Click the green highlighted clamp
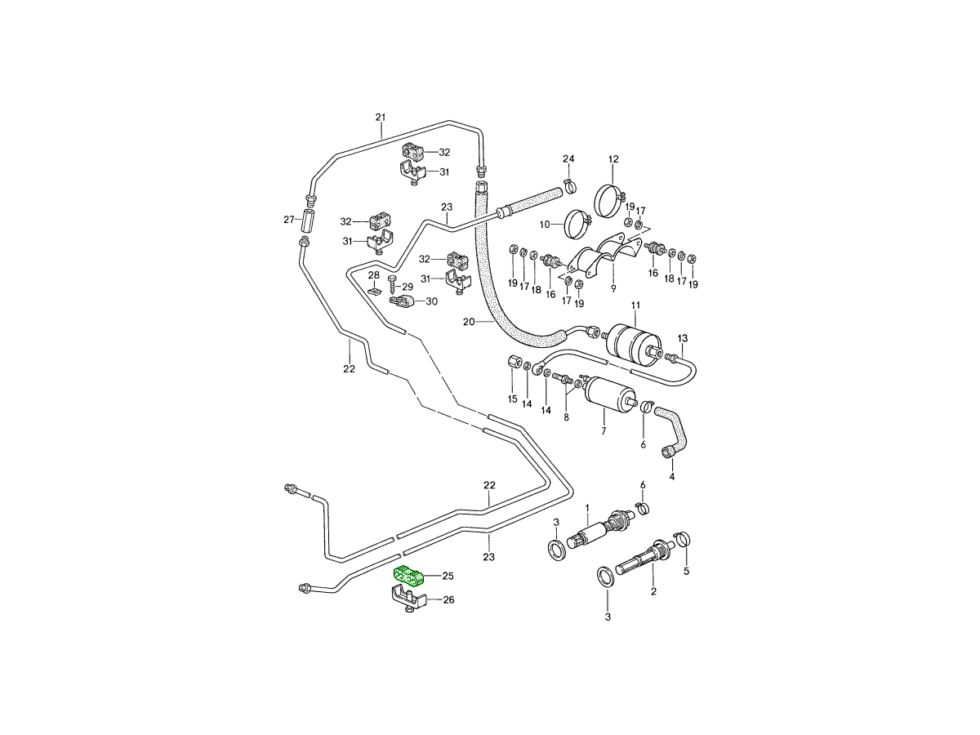coord(410,576)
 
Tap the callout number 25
coord(448,576)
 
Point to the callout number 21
coord(381,117)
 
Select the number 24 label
coord(568,158)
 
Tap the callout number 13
coord(683,338)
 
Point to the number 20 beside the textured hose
coord(468,322)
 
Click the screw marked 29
coord(393,287)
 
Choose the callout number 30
coord(431,301)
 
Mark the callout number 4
coord(672,476)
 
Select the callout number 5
coord(686,571)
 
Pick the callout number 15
coord(512,399)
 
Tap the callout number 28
coord(373,275)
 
